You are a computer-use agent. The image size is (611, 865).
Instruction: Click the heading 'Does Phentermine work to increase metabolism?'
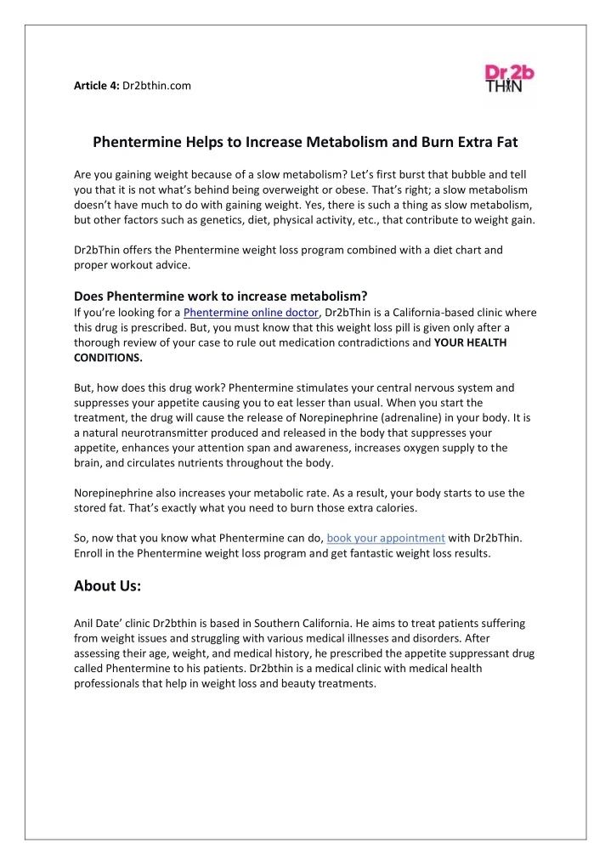220,297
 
